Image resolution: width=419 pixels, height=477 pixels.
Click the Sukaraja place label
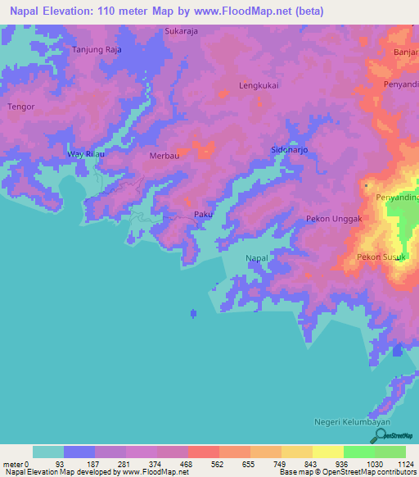(182, 31)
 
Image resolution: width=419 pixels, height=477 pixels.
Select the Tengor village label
(20, 107)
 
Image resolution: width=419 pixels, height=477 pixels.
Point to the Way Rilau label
(86, 154)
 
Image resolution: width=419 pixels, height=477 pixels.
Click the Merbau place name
(164, 155)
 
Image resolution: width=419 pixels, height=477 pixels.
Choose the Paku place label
(203, 215)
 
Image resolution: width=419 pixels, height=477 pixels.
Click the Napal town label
(257, 259)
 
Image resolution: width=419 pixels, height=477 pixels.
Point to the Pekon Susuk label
(381, 257)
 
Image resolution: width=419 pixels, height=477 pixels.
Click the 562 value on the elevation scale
(203, 463)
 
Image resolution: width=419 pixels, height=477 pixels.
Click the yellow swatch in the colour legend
(327, 452)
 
